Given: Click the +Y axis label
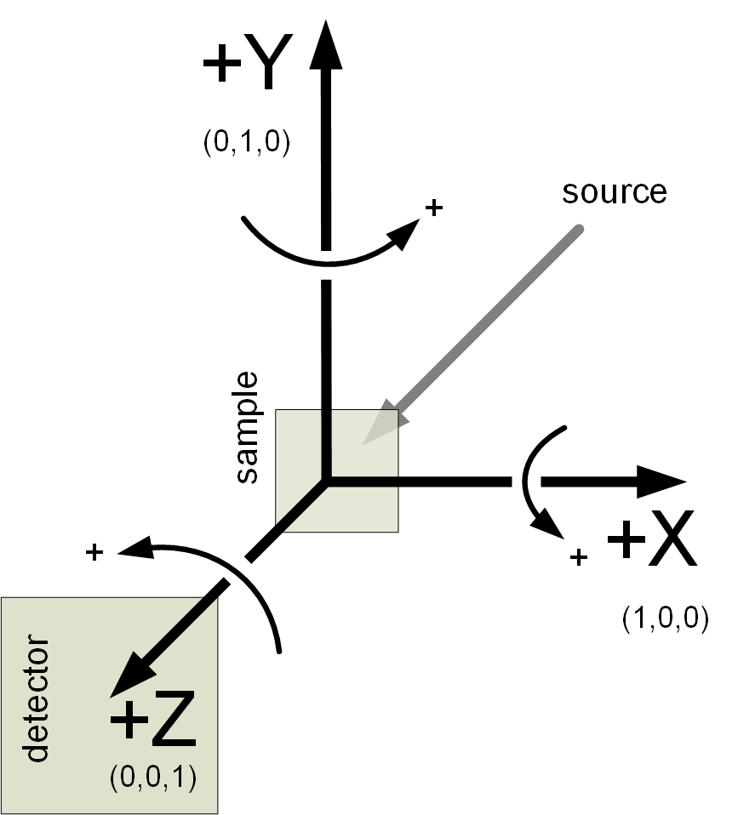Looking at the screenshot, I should click(241, 65).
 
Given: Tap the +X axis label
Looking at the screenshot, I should click(650, 543).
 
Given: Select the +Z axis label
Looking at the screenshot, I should click(153, 722).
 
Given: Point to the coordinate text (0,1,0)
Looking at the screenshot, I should click(247, 142).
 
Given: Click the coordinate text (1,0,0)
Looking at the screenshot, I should click(665, 618).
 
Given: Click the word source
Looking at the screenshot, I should click(613, 191).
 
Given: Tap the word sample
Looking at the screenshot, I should click(247, 427).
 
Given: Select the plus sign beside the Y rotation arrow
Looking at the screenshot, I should click(434, 207).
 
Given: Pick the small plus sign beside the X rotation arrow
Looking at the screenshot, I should click(579, 557).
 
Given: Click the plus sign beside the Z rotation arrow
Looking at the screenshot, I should click(94, 553).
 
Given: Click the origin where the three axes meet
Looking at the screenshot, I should click(324, 482).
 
